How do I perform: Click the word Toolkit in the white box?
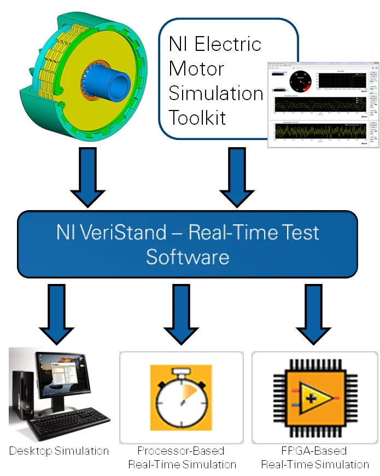[x=197, y=117]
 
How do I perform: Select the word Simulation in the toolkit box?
[x=216, y=93]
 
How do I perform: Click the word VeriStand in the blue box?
[x=133, y=233]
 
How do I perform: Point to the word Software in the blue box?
[x=188, y=257]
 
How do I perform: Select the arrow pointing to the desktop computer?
[x=57, y=312]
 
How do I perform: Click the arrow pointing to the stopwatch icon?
[x=181, y=312]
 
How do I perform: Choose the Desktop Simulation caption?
[x=59, y=451]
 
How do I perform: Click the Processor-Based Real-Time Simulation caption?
[x=182, y=458]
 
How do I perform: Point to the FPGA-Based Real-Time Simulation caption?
[x=315, y=458]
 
